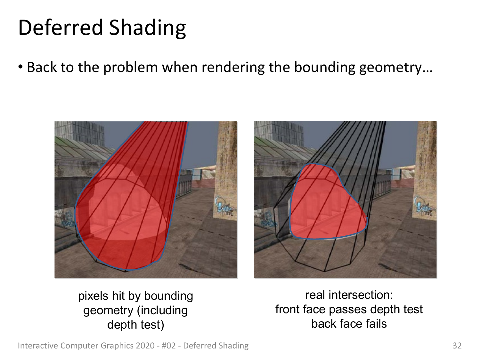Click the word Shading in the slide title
pos(148,29)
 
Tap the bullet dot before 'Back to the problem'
pos(20,67)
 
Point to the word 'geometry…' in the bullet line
pos(396,68)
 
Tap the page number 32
pos(457,346)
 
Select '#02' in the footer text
pos(169,346)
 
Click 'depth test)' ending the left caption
pos(135,324)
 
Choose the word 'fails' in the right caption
pos(376,324)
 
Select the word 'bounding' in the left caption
pos(168,296)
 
